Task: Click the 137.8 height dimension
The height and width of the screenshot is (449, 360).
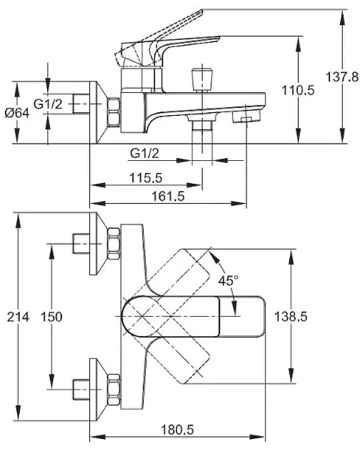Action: point(342,77)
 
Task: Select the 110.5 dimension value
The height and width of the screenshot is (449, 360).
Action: point(298,90)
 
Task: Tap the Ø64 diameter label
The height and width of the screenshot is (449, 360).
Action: point(17,113)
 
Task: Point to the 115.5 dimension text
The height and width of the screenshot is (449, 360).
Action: point(146,178)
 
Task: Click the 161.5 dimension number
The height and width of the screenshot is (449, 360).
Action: point(169,197)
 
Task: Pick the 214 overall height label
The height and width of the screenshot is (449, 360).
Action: point(18,317)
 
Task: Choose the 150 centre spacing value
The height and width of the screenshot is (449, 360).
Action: point(51,317)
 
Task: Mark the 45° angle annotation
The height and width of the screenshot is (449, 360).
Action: point(228,281)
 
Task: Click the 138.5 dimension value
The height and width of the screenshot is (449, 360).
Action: point(291,317)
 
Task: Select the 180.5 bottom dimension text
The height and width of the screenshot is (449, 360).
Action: point(177,430)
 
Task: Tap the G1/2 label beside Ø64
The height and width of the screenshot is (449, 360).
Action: point(48,104)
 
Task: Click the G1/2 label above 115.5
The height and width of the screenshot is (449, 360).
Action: point(144,154)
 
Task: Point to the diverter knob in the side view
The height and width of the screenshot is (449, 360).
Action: point(202,79)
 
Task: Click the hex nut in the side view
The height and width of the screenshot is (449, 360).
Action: point(114,112)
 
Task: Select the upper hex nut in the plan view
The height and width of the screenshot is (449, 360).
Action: point(114,244)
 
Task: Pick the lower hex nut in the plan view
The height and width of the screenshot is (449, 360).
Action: point(114,390)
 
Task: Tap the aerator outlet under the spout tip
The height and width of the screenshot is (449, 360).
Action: point(246,117)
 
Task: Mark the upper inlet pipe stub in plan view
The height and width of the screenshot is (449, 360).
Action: point(81,244)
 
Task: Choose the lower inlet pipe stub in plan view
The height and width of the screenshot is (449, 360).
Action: point(81,390)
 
